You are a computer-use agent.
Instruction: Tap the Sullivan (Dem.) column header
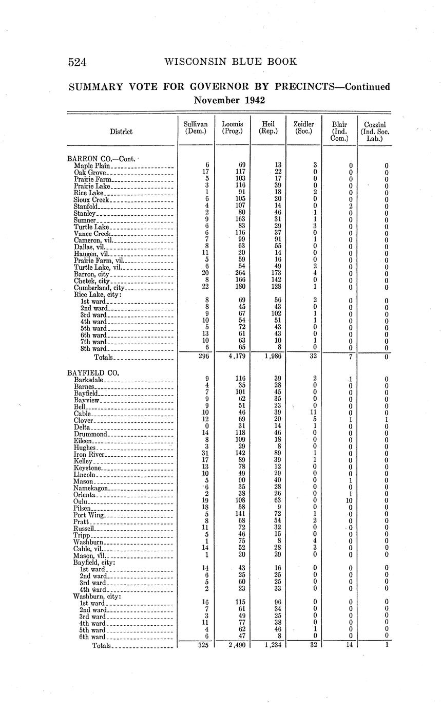[x=196, y=127]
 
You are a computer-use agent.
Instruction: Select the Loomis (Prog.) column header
[x=232, y=127]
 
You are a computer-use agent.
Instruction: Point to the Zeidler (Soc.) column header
[x=303, y=127]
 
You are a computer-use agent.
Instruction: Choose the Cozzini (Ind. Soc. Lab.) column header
[x=375, y=131]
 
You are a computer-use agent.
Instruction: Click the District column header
[x=121, y=132]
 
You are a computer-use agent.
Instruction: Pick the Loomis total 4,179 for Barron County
[x=233, y=356]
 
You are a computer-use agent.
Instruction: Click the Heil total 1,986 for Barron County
[x=268, y=356]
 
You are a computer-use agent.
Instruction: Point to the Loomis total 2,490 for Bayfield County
[x=233, y=645]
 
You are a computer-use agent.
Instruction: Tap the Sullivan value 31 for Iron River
[x=205, y=454]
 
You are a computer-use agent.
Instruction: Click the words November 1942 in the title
[x=229, y=100]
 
